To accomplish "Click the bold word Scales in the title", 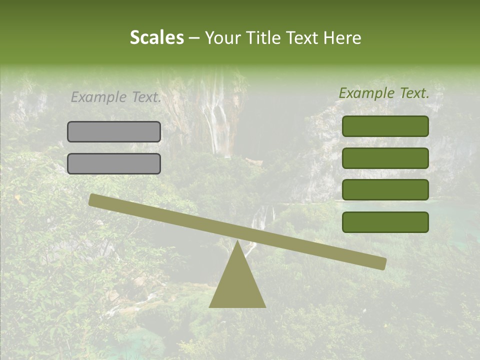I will point(157,37).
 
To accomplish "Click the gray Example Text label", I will point(116,97).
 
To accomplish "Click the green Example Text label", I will point(384,93).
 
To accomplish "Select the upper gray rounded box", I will point(114,131).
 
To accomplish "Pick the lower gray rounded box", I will point(114,163).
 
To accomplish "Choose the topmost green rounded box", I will point(385,126).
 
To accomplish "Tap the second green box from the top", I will point(385,158).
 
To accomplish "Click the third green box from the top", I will point(385,189).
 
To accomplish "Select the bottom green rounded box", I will point(385,222).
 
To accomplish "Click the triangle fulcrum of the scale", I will point(237,285).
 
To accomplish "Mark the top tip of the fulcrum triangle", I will point(237,241).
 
